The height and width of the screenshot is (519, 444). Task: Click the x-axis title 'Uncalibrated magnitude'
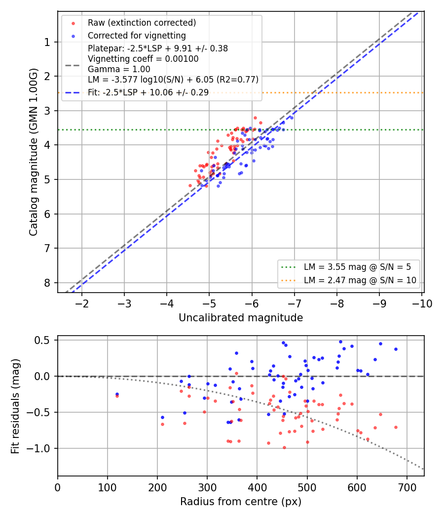241,318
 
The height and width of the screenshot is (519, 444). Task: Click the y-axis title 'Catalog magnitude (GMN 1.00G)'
34,152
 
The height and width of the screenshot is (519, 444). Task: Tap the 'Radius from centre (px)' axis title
241,502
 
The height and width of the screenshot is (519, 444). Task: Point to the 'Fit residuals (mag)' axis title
15,406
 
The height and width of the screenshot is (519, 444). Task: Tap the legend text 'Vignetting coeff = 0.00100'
143,59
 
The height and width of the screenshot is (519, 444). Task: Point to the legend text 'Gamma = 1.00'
119,69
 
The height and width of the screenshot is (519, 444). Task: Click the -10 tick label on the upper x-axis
422,303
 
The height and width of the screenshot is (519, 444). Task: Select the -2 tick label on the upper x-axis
82,303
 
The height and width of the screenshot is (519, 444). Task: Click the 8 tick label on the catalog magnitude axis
47,283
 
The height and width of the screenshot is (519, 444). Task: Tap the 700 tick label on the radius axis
407,487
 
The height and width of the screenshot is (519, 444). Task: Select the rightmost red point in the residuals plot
396,428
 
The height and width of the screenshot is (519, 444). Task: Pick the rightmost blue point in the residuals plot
396,349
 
